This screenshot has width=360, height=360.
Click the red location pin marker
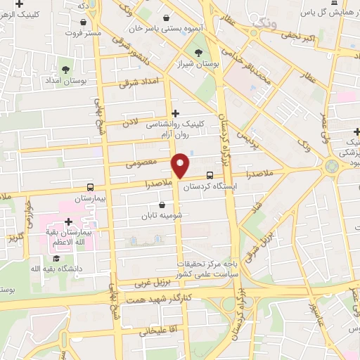181,166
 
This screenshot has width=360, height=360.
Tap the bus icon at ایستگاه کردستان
210,176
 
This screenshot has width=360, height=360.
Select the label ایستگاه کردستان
217,186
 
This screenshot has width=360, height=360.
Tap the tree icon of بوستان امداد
65,69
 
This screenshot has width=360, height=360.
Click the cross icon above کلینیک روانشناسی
176,112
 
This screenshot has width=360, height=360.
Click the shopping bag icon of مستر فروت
83,22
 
